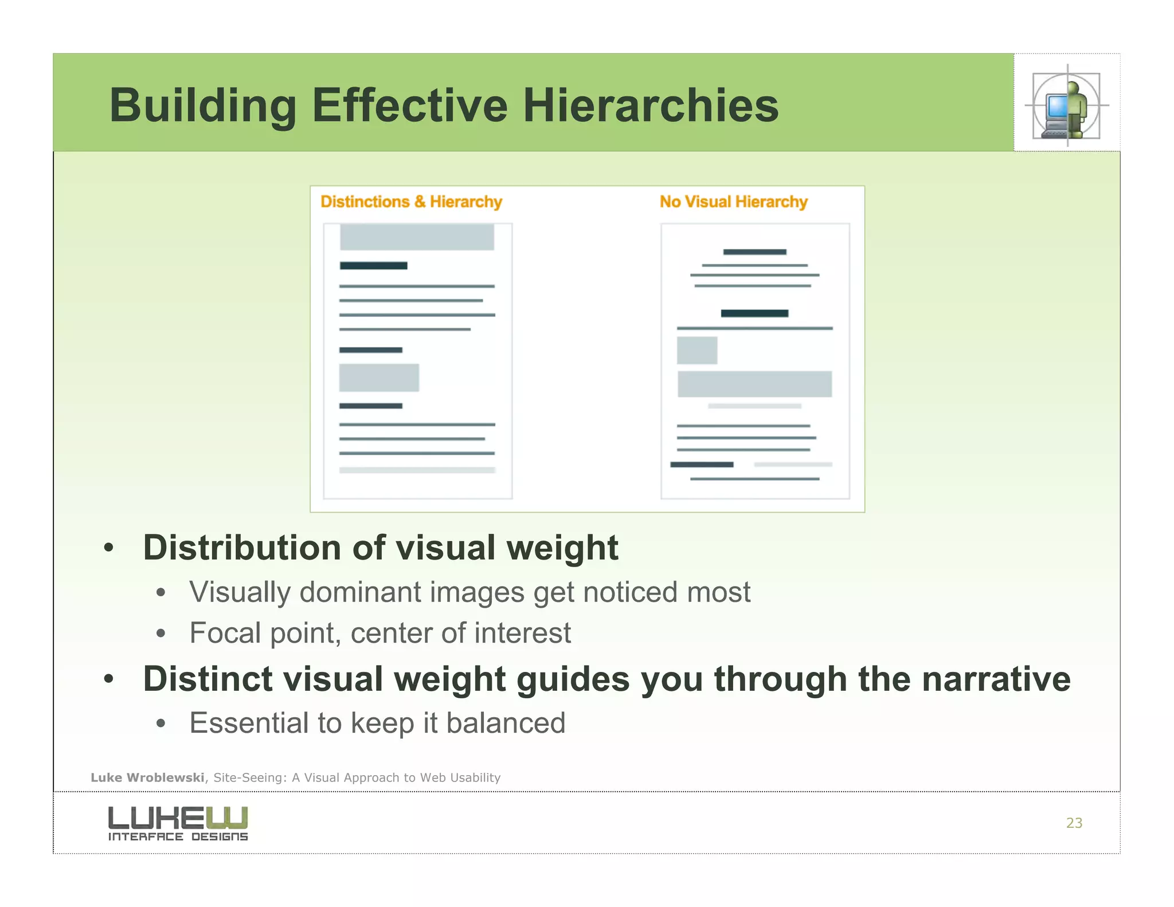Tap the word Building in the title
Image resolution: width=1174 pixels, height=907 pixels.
tap(203, 105)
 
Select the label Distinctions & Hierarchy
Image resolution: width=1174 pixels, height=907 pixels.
tap(411, 202)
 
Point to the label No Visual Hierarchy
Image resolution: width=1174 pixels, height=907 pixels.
tap(733, 202)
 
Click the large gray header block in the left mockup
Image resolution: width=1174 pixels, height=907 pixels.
tap(417, 237)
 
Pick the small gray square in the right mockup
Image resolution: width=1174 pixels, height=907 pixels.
tap(696, 350)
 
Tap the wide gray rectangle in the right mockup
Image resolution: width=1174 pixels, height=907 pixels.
tap(754, 384)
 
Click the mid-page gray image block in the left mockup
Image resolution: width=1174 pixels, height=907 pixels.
tap(379, 378)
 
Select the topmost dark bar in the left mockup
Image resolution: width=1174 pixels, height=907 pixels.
tap(373, 265)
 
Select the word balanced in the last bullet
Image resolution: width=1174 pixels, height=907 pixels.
tap(506, 722)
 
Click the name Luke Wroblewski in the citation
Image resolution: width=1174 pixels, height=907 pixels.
tap(147, 777)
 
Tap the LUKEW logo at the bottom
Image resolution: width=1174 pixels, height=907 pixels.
tap(178, 823)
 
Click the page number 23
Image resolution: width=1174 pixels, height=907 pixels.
tap(1074, 823)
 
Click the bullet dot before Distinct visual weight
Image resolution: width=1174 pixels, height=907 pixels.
tap(109, 679)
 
